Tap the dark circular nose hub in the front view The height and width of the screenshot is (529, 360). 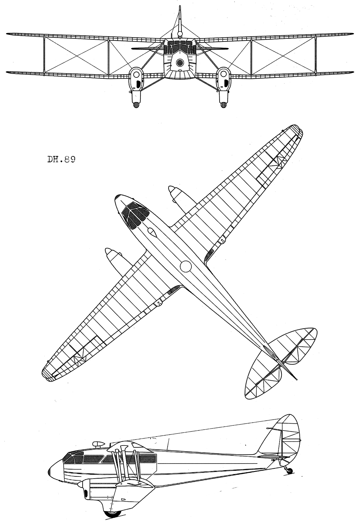[180, 62]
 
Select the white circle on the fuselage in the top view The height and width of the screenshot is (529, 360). [186, 266]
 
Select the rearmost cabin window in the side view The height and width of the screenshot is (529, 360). [147, 458]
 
